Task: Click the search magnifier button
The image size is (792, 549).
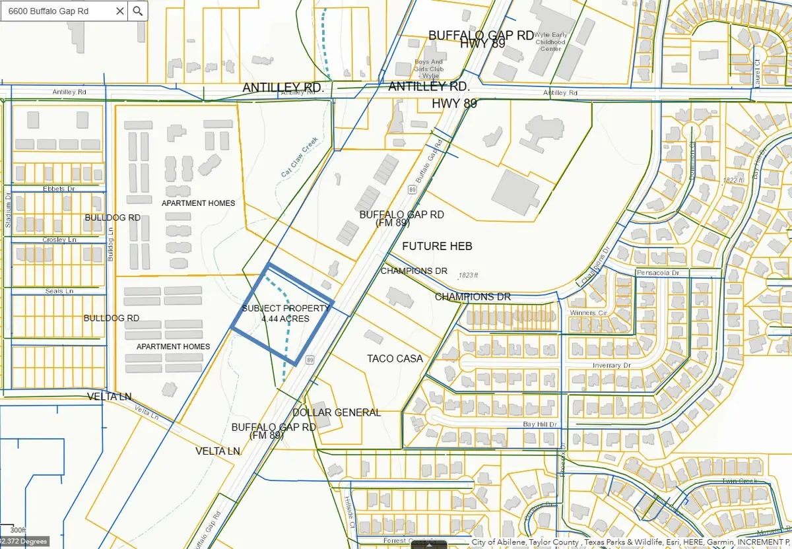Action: click(137, 11)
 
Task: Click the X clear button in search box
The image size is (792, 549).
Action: click(119, 11)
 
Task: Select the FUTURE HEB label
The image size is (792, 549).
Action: click(437, 246)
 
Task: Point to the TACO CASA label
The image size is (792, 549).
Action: click(395, 358)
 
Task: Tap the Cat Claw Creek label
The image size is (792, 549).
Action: click(300, 157)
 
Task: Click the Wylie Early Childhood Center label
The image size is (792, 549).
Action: click(550, 40)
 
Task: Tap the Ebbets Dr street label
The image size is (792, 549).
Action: click(58, 189)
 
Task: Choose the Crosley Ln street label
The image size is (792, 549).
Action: click(59, 240)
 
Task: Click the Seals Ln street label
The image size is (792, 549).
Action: click(59, 291)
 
